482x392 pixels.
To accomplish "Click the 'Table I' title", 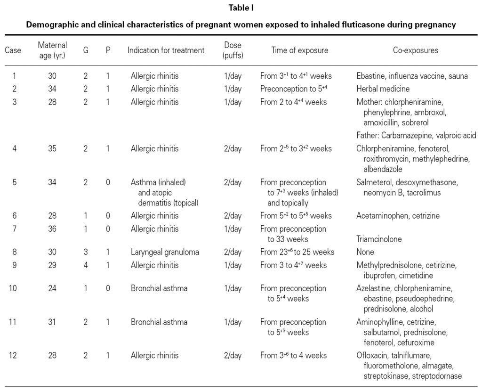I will click(241, 8).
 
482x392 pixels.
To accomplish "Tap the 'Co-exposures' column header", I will click(415, 50).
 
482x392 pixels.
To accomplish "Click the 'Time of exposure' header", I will click(300, 50).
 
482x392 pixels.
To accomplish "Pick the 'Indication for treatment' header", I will click(166, 50).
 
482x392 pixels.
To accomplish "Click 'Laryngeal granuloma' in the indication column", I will click(165, 252).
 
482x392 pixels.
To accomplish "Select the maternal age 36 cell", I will click(52, 229).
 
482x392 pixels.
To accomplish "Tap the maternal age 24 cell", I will click(52, 288).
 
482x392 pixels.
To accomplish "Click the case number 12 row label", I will click(13, 355).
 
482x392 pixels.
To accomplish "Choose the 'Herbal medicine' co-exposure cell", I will click(383, 89).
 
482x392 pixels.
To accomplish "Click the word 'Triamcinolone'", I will click(379, 239).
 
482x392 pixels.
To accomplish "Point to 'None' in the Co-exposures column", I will click(365, 252).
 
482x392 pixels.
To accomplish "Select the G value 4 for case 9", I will click(85, 265).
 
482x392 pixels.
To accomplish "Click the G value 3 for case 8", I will click(85, 252).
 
